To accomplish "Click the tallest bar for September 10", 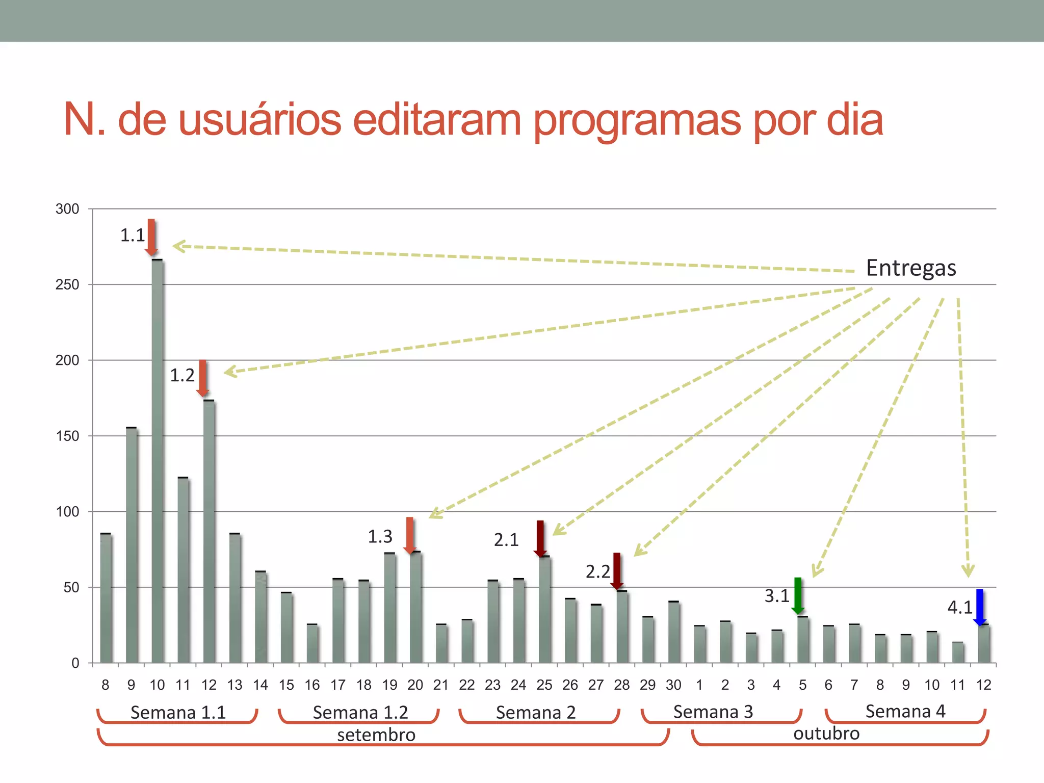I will (158, 459).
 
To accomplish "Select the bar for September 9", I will (132, 545).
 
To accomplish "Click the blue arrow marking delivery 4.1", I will (980, 607).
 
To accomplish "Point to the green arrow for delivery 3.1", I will (798, 595).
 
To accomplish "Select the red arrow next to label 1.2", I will (203, 378).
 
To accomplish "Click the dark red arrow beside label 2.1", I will (540, 538).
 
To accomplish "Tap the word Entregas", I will (911, 268).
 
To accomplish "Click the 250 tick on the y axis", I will (67, 284).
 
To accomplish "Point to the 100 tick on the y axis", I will (67, 512).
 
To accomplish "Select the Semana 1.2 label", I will (360, 712).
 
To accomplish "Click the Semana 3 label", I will (713, 712).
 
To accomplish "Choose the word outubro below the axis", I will (826, 734).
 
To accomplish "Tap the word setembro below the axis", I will (376, 735).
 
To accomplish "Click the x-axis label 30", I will (673, 685).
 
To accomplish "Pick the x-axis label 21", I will (441, 685).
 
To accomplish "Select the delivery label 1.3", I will (380, 536).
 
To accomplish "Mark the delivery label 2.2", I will (597, 572).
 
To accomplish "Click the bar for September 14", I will (261, 617).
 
